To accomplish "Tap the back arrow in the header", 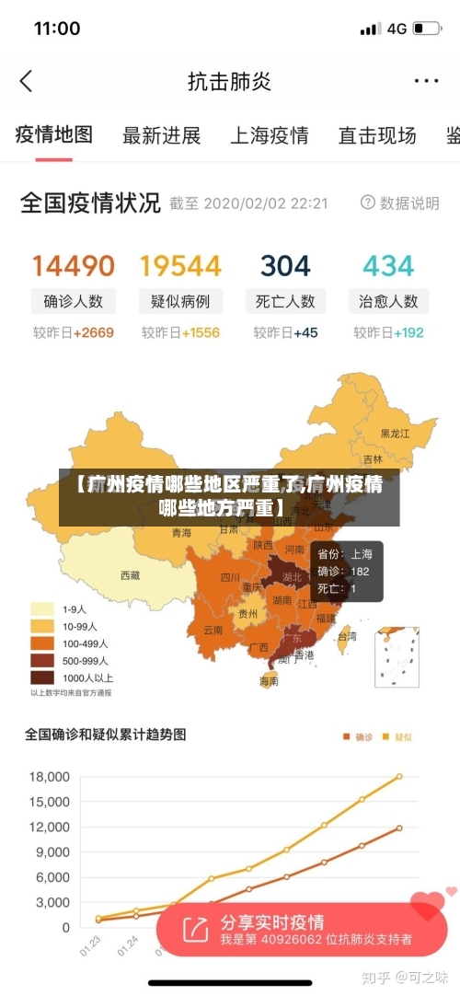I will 26,81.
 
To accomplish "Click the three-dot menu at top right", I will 426,81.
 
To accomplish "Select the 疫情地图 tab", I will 54,135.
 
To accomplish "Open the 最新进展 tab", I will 161,136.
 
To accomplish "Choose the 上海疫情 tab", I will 269,136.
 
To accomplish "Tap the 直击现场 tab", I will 377,136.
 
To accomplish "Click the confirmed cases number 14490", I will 74,266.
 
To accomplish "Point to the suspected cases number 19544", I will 180,266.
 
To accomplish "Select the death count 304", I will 285,266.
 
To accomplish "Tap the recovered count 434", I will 388,266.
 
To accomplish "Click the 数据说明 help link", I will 400,203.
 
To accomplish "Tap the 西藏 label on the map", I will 131,575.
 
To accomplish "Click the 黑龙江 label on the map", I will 396,432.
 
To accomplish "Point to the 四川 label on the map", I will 230,578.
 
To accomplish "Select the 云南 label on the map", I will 213,631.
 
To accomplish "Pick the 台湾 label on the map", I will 347,635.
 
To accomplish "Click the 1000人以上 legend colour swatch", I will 42,677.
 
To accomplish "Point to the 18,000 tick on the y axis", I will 49,777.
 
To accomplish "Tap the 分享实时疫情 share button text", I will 271,921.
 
